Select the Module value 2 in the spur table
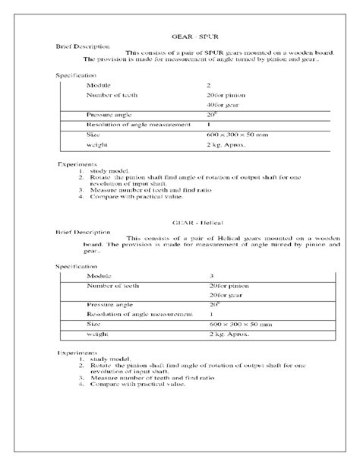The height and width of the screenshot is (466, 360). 209,86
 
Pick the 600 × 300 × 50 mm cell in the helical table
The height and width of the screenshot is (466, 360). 240,323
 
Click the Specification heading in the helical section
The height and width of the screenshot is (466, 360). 77,267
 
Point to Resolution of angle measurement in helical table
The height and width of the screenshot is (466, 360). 134,313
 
